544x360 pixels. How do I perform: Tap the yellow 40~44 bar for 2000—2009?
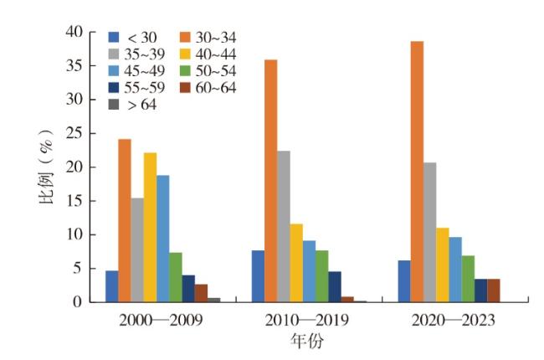(150, 227)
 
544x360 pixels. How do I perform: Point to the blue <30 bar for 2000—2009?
(111, 285)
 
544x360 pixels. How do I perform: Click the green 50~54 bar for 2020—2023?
(468, 278)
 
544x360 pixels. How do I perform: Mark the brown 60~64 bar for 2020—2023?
(494, 290)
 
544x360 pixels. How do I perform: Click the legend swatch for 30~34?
(186, 37)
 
